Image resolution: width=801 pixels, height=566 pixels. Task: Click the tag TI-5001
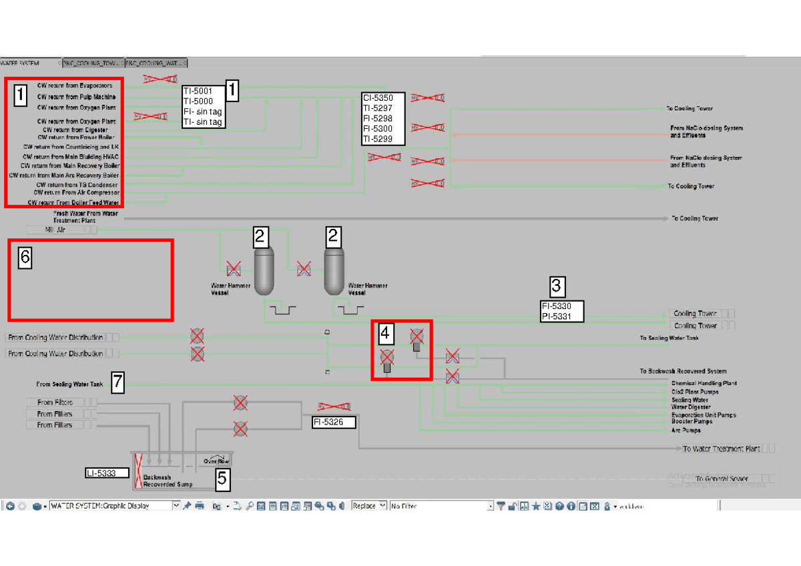[198, 91]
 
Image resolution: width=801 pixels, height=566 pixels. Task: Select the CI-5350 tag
[378, 97]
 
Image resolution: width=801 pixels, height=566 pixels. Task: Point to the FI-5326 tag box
[333, 422]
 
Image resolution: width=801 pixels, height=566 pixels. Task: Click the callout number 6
[24, 257]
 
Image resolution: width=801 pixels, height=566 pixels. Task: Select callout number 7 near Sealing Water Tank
[117, 382]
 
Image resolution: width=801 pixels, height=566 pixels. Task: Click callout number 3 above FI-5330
[557, 287]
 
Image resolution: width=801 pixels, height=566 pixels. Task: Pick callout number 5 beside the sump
[222, 477]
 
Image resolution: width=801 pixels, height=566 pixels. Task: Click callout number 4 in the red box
[385, 332]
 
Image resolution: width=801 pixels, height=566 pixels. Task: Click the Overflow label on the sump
[216, 461]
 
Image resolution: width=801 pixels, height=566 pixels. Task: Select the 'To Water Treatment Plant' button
[721, 449]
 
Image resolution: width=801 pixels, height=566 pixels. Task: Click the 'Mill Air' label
[55, 230]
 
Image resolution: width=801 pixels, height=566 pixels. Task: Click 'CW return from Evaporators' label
[75, 86]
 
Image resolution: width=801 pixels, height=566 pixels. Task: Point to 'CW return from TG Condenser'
[77, 184]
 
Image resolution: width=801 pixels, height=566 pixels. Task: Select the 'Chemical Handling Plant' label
[704, 384]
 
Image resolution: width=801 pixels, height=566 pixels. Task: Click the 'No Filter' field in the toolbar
[441, 506]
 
